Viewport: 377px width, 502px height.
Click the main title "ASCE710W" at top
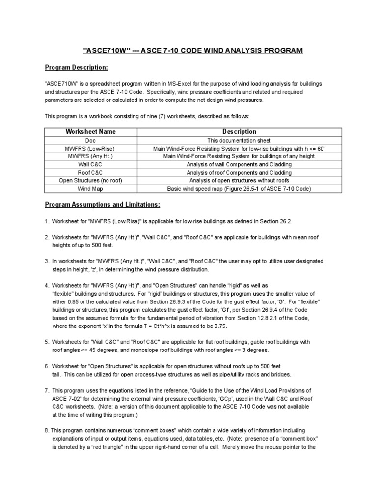[x=105, y=50]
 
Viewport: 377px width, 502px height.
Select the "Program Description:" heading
[x=76, y=67]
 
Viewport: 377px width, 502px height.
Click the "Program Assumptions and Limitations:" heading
[x=102, y=204]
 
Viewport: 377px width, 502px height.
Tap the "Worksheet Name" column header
[x=91, y=132]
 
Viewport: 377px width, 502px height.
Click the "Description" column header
[x=239, y=132]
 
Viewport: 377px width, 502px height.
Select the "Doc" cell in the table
[x=91, y=140]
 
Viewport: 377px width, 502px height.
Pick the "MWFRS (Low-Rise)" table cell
[x=91, y=148]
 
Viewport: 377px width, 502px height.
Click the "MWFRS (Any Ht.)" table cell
[x=91, y=156]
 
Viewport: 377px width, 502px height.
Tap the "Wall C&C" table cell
[x=91, y=164]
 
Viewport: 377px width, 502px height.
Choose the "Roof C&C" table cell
[x=91, y=172]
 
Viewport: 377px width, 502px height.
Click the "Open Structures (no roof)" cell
[x=91, y=180]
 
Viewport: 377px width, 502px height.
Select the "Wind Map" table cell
[x=91, y=188]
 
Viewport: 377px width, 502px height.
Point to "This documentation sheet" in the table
[x=239, y=140]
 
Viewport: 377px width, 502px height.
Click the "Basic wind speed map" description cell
[x=239, y=188]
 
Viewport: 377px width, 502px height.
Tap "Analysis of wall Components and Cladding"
[x=239, y=164]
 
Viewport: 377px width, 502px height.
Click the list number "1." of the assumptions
[x=47, y=221]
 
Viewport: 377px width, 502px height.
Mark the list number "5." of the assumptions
[x=47, y=341]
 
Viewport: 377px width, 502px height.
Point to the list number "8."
[x=47, y=429]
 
